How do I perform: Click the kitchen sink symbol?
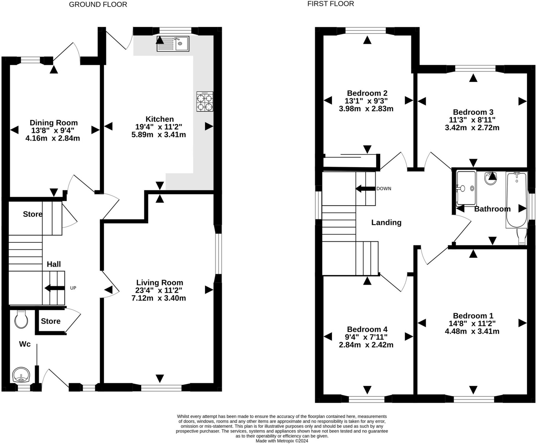click(x=173, y=44)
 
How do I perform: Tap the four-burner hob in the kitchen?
click(x=205, y=101)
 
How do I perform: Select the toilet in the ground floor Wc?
click(x=21, y=319)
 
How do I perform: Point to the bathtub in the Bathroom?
click(x=516, y=200)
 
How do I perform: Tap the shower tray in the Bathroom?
click(x=466, y=189)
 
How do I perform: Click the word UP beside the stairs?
click(x=73, y=288)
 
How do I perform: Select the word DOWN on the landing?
click(x=384, y=189)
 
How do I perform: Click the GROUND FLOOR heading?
click(x=98, y=4)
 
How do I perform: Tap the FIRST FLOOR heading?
click(x=331, y=4)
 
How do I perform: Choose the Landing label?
click(x=386, y=222)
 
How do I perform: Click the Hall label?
click(x=54, y=264)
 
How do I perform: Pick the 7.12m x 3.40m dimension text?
click(x=159, y=298)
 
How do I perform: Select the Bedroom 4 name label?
click(x=367, y=329)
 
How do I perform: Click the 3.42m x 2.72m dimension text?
click(x=472, y=128)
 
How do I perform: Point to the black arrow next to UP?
click(x=55, y=288)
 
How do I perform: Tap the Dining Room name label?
click(x=54, y=122)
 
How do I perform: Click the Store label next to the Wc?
click(x=51, y=321)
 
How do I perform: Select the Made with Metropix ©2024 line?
click(x=282, y=441)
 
